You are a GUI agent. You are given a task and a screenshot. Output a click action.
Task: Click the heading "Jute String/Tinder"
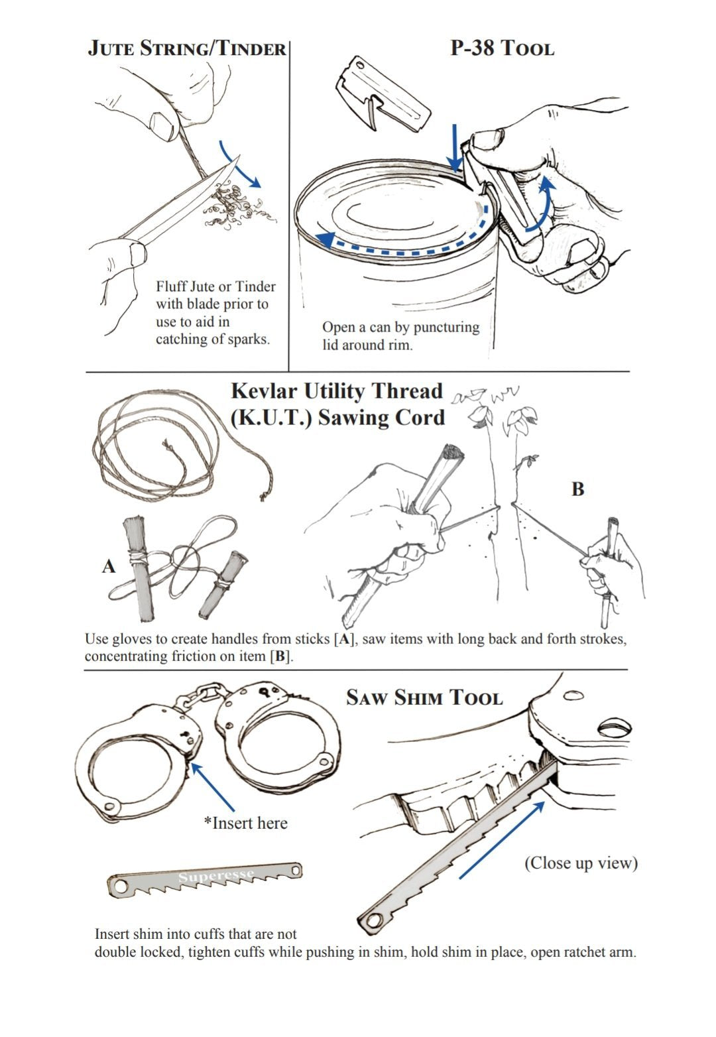coord(187,48)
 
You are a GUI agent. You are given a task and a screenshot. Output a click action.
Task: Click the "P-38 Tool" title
coord(502,48)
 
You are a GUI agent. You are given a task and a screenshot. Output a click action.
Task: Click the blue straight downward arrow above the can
coord(455,148)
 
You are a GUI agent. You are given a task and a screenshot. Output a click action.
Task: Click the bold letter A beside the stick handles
coord(109,566)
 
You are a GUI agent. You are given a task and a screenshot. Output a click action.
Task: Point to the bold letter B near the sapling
coord(577,489)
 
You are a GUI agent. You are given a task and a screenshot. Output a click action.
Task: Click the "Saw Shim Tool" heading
coord(424,698)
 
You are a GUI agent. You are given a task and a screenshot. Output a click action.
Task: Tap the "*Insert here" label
coord(246,823)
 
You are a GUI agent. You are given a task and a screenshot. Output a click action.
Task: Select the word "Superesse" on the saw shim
coord(215,877)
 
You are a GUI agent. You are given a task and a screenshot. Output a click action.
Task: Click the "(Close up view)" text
coord(581,863)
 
